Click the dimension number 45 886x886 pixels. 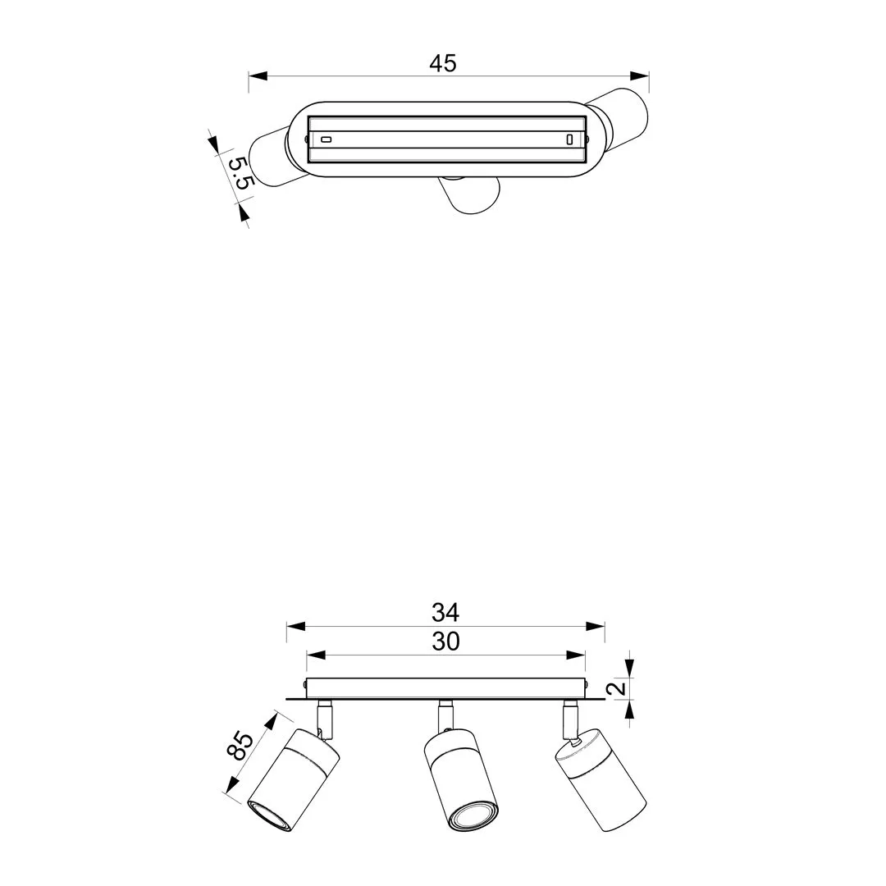(x=443, y=63)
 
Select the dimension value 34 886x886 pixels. (x=445, y=612)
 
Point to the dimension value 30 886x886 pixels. (x=445, y=642)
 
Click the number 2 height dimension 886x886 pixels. (x=620, y=687)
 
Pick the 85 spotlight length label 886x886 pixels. (x=240, y=745)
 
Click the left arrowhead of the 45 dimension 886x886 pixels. (x=258, y=75)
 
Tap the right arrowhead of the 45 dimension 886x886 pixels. (x=640, y=75)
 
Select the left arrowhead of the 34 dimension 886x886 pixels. (x=295, y=626)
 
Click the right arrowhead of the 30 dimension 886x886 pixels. (x=576, y=655)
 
